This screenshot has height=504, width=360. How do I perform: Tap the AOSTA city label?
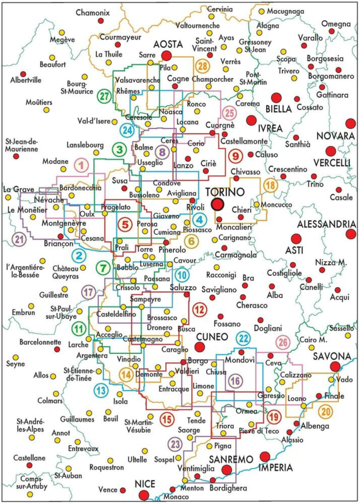click(x=168, y=43)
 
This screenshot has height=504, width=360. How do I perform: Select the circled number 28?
click(x=203, y=67)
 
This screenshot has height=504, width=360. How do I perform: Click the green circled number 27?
click(x=103, y=96)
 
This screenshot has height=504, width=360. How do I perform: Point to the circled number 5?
click(x=125, y=224)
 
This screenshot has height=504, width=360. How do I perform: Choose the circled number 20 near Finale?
click(x=326, y=412)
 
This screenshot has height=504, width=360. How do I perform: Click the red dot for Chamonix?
click(x=101, y=21)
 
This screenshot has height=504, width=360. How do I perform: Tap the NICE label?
click(x=145, y=484)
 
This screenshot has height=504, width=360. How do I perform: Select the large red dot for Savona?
click(x=335, y=367)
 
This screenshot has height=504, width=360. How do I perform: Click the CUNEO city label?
click(x=212, y=337)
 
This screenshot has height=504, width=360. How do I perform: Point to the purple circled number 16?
click(x=236, y=381)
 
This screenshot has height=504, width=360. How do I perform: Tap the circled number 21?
click(x=19, y=239)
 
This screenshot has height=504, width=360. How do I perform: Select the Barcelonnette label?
click(x=40, y=341)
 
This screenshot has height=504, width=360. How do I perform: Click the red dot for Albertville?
click(x=23, y=74)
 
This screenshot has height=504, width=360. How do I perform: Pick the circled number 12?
click(x=199, y=309)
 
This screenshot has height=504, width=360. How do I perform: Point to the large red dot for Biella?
click(x=276, y=98)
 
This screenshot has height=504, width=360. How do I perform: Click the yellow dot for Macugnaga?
click(x=262, y=11)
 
